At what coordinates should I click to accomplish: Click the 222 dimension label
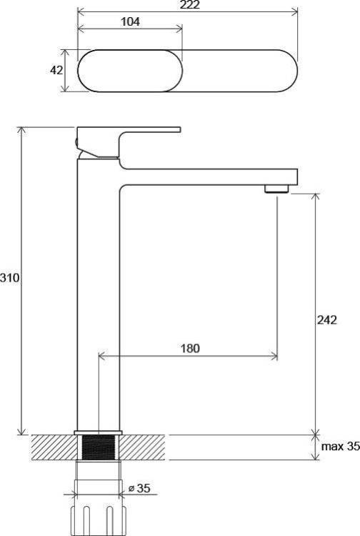189,5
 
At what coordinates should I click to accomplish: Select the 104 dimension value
131,22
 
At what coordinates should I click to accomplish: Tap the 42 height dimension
56,70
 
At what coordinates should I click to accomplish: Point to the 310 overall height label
9,277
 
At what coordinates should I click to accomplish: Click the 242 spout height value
327,320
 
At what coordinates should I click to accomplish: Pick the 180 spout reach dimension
190,348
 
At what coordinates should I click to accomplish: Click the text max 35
341,446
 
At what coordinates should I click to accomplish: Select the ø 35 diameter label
139,488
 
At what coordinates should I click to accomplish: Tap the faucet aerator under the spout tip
277,189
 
